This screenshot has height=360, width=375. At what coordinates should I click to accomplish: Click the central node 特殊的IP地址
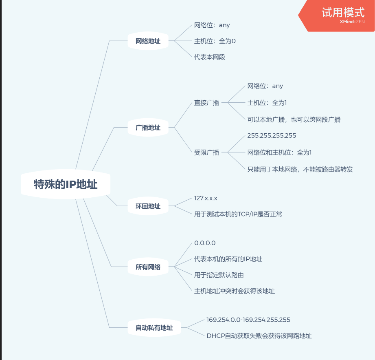pyautogui.click(x=66, y=184)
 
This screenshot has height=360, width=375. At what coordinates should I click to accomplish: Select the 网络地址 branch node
pyautogui.click(x=148, y=41)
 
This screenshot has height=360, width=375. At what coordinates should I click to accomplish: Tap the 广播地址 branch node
pyautogui.click(x=148, y=128)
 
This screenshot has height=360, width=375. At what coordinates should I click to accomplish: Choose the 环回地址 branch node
pyautogui.click(x=148, y=206)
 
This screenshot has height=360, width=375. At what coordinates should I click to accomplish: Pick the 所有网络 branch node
pyautogui.click(x=148, y=267)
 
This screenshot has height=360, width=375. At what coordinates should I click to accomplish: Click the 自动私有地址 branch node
pyautogui.click(x=154, y=328)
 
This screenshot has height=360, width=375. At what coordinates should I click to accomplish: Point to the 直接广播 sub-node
pyautogui.click(x=206, y=103)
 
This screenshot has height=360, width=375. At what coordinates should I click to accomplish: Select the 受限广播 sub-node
pyautogui.click(x=206, y=152)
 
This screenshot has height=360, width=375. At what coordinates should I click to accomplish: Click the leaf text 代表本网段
pyautogui.click(x=210, y=57)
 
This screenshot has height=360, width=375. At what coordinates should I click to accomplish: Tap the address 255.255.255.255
pyautogui.click(x=272, y=136)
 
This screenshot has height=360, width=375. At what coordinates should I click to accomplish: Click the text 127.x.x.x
pyautogui.click(x=206, y=198)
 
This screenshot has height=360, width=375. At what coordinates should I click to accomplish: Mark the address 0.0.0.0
pyautogui.click(x=205, y=243)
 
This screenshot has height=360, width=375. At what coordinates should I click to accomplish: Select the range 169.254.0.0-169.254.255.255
pyautogui.click(x=248, y=320)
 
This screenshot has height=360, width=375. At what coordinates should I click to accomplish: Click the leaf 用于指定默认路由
pyautogui.click(x=219, y=275)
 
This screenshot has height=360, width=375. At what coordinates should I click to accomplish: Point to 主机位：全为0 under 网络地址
pyautogui.click(x=215, y=41)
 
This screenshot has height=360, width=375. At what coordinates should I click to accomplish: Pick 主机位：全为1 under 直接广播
pyautogui.click(x=267, y=103)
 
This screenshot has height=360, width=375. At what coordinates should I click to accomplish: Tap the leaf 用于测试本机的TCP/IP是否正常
pyautogui.click(x=238, y=214)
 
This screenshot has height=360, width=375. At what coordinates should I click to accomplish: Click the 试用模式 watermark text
pyautogui.click(x=343, y=12)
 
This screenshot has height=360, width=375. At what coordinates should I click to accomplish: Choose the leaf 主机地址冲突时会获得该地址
pyautogui.click(x=235, y=291)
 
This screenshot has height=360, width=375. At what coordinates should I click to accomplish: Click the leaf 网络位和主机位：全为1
pyautogui.click(x=279, y=152)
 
